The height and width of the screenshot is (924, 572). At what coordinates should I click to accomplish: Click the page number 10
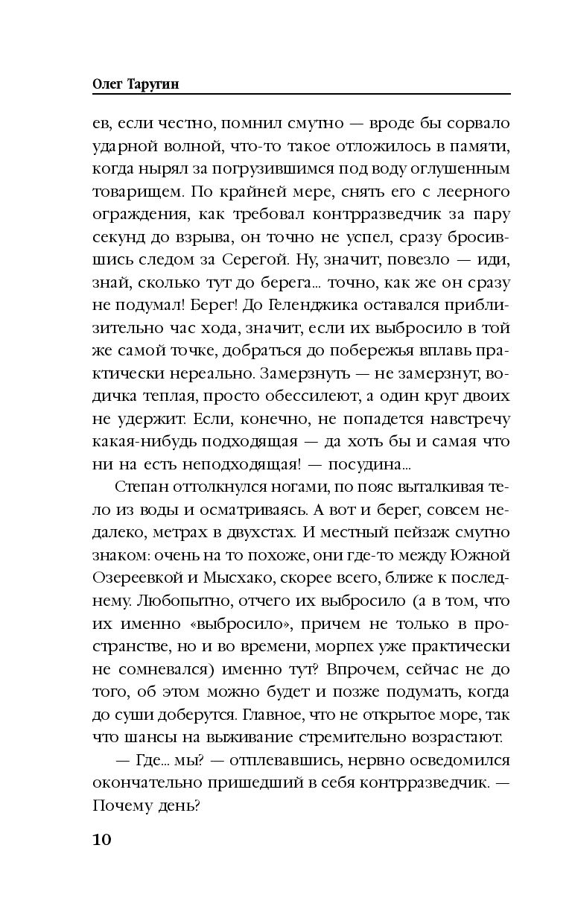(102, 839)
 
